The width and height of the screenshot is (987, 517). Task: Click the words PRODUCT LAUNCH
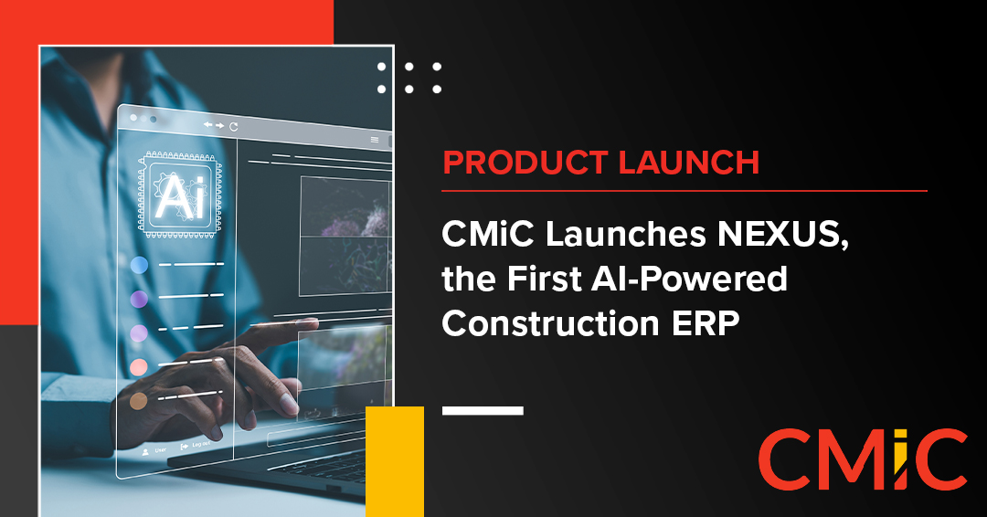tap(600, 163)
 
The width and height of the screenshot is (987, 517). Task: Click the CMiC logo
tap(862, 459)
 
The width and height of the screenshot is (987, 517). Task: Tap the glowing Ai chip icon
tap(174, 195)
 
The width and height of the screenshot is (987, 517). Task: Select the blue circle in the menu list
tap(139, 265)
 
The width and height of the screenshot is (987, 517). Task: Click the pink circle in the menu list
tap(139, 367)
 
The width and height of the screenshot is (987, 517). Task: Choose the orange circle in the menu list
tap(139, 401)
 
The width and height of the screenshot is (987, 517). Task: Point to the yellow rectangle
tap(395, 461)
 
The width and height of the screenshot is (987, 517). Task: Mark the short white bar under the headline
tap(483, 411)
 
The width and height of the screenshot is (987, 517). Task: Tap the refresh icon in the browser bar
tap(234, 126)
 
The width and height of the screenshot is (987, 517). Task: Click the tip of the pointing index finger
tap(311, 323)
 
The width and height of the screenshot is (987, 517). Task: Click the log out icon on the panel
tap(185, 446)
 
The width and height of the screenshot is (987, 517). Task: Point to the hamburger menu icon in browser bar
tap(375, 140)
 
